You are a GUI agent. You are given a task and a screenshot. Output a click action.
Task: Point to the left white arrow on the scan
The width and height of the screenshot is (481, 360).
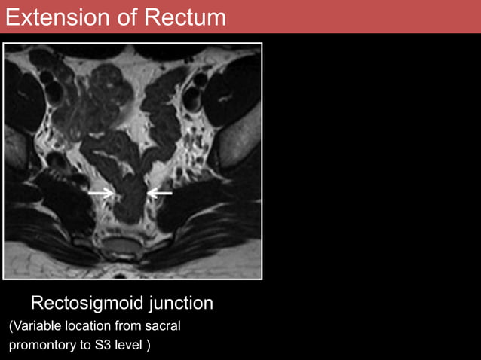pyautogui.click(x=100, y=194)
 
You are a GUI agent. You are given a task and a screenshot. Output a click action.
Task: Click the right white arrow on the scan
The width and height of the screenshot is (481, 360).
pyautogui.click(x=159, y=194)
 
